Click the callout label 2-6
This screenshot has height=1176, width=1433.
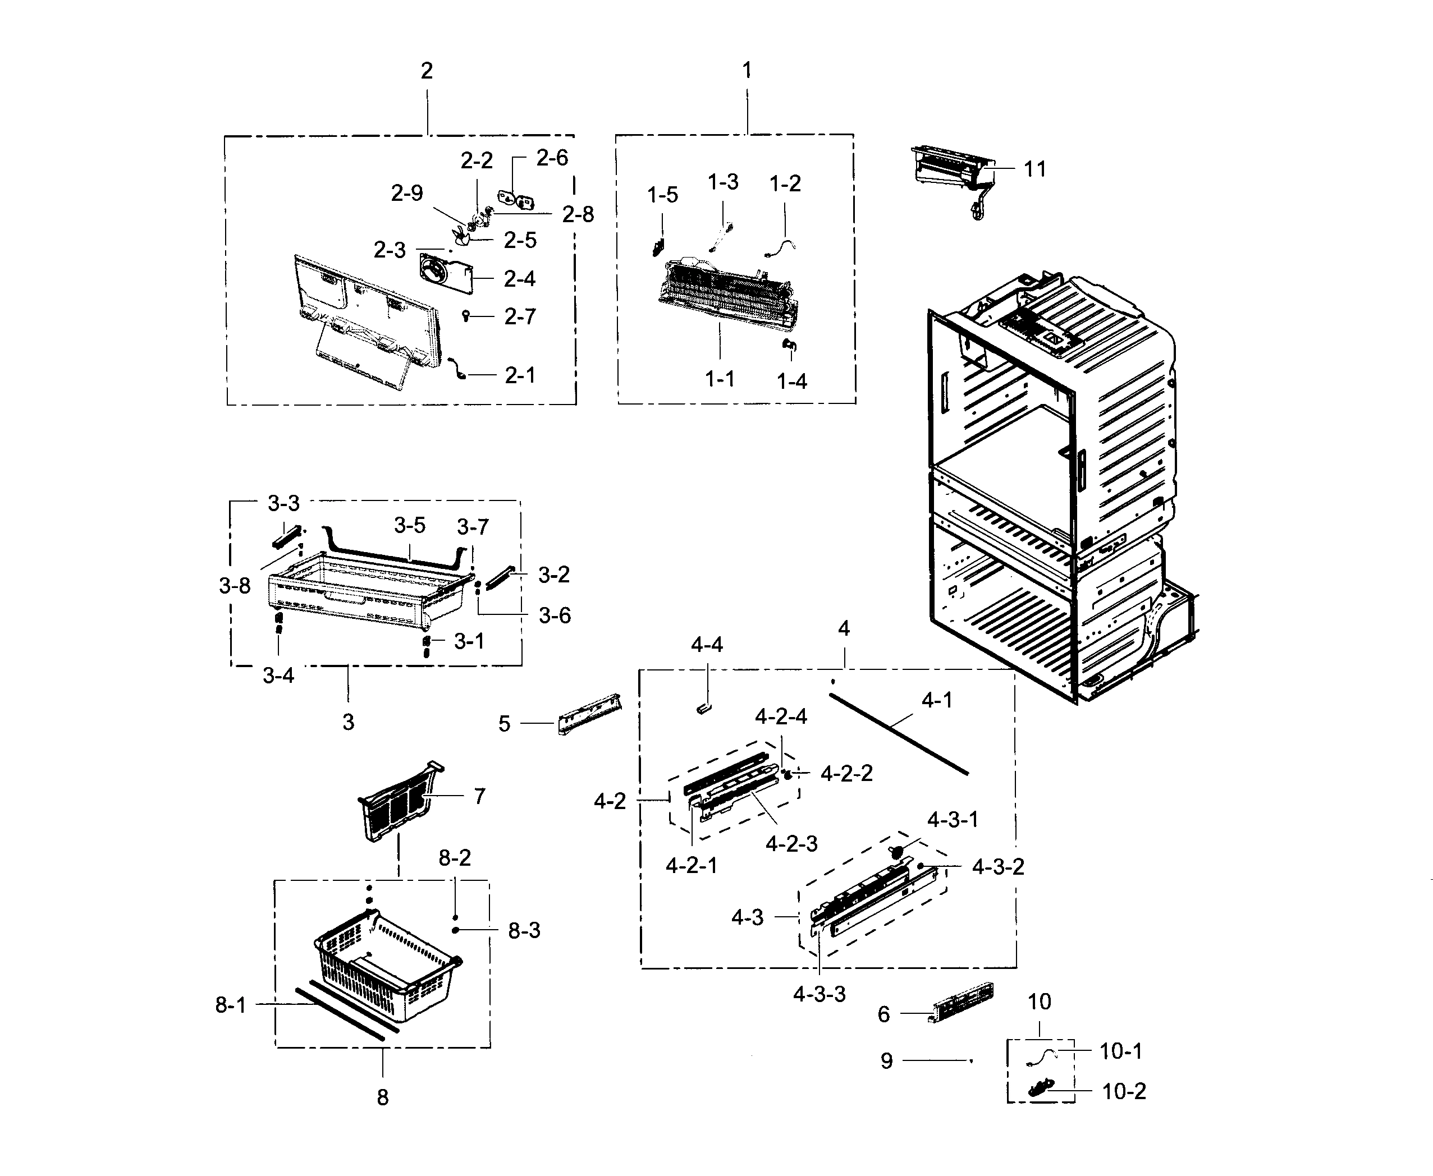click(x=552, y=158)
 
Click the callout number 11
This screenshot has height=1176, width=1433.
click(x=1034, y=169)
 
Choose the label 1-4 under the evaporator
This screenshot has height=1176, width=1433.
click(x=791, y=382)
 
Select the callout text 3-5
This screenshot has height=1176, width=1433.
click(x=409, y=526)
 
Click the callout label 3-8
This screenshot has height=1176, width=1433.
click(x=235, y=586)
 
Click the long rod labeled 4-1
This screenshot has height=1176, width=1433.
click(x=898, y=734)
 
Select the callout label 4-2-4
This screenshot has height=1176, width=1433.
click(x=781, y=716)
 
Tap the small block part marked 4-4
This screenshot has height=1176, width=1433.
click(x=703, y=709)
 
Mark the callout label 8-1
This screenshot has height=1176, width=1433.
click(x=230, y=1005)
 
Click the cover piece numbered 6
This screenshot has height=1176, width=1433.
click(x=962, y=1003)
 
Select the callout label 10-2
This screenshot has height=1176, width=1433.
click(x=1123, y=1091)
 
